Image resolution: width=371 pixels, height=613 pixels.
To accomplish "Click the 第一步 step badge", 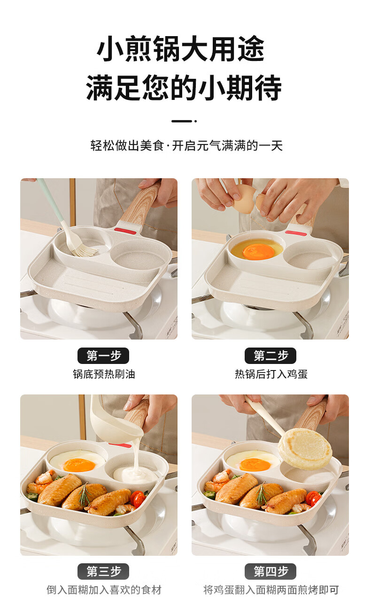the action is point(103,356).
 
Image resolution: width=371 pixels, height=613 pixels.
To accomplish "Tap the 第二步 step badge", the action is point(270,356).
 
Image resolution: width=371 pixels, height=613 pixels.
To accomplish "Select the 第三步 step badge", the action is point(103,571).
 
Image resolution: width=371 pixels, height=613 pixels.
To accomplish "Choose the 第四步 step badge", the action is point(270,571).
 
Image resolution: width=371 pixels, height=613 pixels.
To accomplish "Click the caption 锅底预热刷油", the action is point(104,374).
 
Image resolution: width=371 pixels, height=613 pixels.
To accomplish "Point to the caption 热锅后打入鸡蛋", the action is point(271,374).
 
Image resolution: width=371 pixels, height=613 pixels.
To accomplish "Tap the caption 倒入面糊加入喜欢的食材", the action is point(104,590).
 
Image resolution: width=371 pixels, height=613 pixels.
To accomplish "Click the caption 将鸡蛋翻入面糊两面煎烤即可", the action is point(271,590).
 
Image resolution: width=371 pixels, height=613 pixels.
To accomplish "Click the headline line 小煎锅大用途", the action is point(180,49).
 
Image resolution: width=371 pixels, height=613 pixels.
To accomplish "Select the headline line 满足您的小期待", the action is point(184,87).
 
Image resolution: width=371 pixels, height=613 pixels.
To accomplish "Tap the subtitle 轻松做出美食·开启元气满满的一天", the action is point(186,145).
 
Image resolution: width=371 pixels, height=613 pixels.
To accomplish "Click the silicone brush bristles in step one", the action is point(84,250).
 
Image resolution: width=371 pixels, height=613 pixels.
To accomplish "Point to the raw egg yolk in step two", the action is point(258,252).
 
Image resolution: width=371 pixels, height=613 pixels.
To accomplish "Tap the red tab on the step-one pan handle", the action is point(125,231).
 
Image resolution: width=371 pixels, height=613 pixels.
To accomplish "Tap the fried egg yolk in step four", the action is point(255,465).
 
